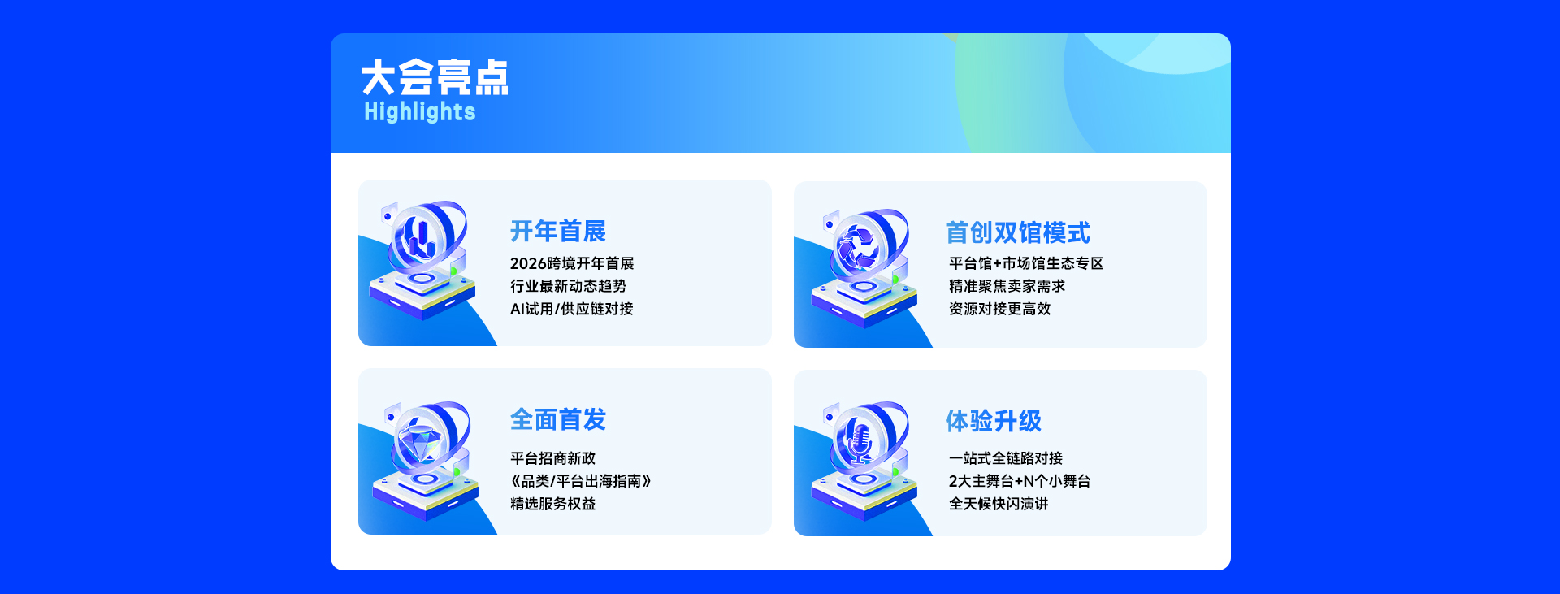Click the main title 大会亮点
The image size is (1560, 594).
pos(435,77)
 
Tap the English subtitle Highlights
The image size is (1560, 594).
pos(419,111)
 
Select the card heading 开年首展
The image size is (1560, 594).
pos(558,232)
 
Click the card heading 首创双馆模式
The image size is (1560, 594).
pos(1017,233)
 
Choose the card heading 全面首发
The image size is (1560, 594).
pos(558,419)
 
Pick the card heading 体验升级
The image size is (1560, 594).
pos(993,421)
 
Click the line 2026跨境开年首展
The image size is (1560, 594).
pos(572,263)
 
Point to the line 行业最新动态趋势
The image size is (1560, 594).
pos(568,286)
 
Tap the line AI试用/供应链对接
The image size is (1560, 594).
pos(571,309)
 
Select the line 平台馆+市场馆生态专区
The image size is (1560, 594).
pos(1026,263)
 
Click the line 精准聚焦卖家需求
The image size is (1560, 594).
pos(1007,286)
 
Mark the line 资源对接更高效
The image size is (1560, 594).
pos(999,309)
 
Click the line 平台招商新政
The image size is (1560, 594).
pos(552,458)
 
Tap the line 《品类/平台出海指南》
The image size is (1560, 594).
pos(581,481)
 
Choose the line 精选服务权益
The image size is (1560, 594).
pos(552,504)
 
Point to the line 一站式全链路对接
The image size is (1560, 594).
pos(1006,458)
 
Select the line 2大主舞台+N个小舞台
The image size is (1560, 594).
pos(1020,481)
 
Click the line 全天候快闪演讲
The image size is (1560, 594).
pos(999,504)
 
